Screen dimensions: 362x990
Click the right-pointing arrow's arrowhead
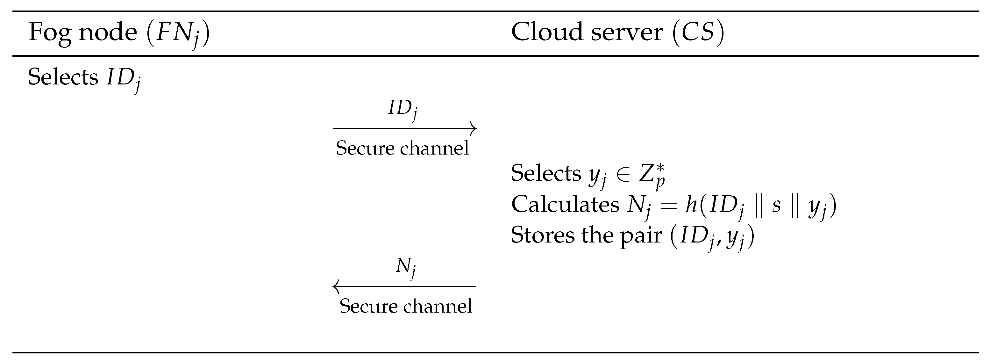(x=474, y=128)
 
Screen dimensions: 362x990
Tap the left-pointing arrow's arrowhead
(x=336, y=286)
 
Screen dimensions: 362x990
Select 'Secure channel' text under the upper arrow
(x=402, y=148)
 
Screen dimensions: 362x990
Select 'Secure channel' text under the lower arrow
(x=405, y=306)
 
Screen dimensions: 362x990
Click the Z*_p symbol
(x=652, y=175)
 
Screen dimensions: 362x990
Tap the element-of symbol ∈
(x=623, y=174)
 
